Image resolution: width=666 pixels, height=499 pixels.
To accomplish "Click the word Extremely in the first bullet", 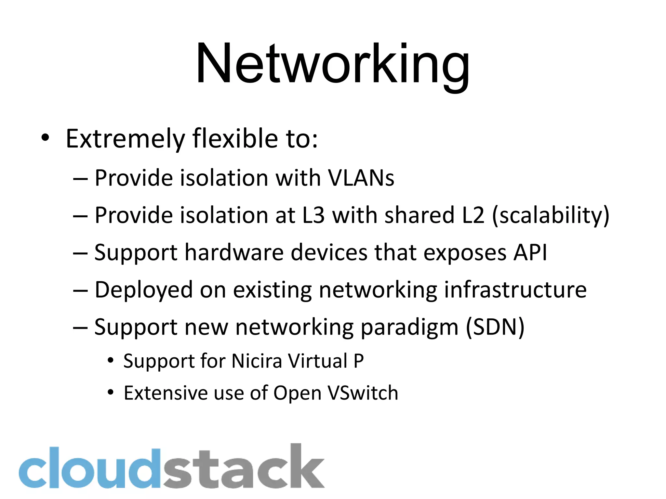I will pyautogui.click(x=125, y=139).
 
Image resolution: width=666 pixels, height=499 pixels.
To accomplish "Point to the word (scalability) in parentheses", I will pyautogui.click(x=551, y=216).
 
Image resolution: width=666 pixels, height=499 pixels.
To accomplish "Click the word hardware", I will pyautogui.click(x=234, y=252).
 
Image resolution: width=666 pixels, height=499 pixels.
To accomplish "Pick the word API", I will pyautogui.click(x=530, y=252).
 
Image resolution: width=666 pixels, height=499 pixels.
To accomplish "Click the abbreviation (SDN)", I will pyautogui.click(x=495, y=327).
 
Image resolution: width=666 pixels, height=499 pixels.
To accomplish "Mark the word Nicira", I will pyautogui.click(x=257, y=361).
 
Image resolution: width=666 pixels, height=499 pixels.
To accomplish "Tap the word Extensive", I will pyautogui.click(x=165, y=393).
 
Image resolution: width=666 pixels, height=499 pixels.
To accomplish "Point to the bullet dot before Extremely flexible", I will pyautogui.click(x=45, y=138).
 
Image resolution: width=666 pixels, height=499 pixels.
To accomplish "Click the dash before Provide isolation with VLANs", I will pyautogui.click(x=80, y=179).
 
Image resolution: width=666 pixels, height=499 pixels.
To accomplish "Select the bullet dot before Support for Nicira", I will pyautogui.click(x=111, y=360).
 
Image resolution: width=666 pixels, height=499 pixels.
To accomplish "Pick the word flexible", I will pyautogui.click(x=235, y=139).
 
